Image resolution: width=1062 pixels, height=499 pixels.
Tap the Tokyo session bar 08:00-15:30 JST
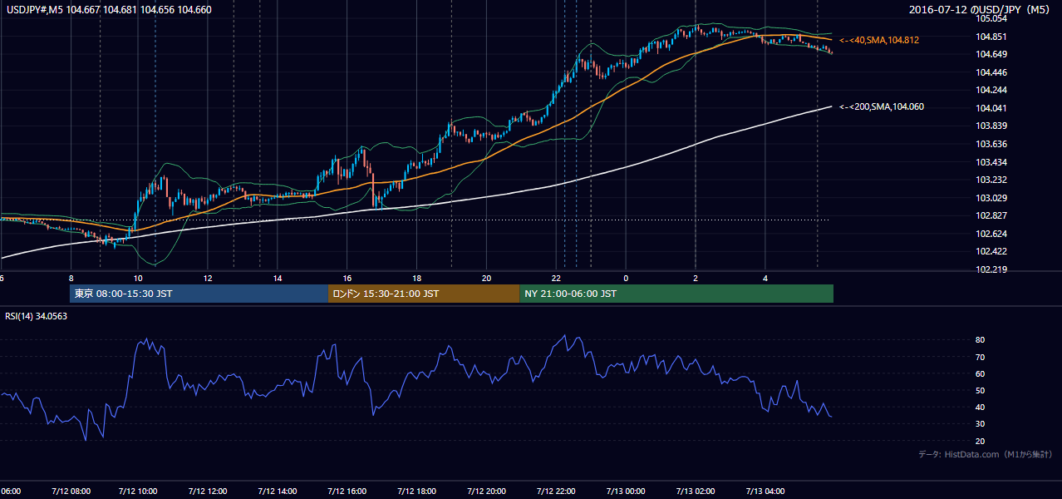tap(199, 294)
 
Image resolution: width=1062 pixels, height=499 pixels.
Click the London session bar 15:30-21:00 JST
tap(424, 294)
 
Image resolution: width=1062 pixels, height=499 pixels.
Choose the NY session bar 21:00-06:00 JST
tap(676, 294)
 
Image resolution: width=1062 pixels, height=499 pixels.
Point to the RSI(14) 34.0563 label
tap(36, 316)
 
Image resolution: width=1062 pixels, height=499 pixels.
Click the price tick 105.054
tap(991, 18)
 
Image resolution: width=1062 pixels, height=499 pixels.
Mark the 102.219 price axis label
tap(991, 269)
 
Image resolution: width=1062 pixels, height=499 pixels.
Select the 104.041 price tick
tap(991, 108)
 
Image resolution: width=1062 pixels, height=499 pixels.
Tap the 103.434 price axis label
tap(991, 162)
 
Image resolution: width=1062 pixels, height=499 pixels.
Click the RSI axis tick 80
tap(980, 339)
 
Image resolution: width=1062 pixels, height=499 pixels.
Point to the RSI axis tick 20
tap(980, 441)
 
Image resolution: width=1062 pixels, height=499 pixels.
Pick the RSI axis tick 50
tap(980, 390)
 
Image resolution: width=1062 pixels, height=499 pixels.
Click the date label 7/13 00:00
tap(626, 492)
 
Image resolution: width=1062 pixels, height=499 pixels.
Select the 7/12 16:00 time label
tap(347, 492)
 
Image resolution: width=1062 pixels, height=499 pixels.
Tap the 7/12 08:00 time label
tap(71, 492)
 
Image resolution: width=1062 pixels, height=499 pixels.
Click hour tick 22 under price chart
tap(556, 279)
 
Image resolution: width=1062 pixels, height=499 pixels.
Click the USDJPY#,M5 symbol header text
tap(35, 10)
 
